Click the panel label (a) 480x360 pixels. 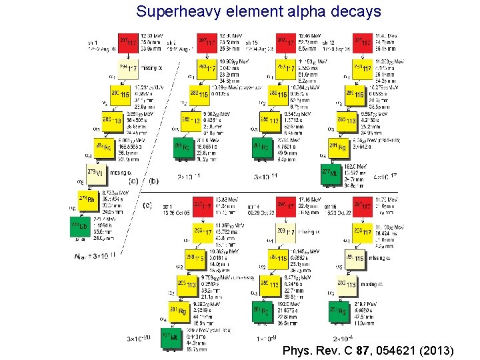point(133,181)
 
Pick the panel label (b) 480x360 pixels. point(153,181)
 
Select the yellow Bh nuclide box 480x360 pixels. point(87,200)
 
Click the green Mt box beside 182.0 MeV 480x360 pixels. point(329,172)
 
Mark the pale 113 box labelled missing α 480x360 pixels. point(355,283)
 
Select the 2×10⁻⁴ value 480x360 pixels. point(346,339)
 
